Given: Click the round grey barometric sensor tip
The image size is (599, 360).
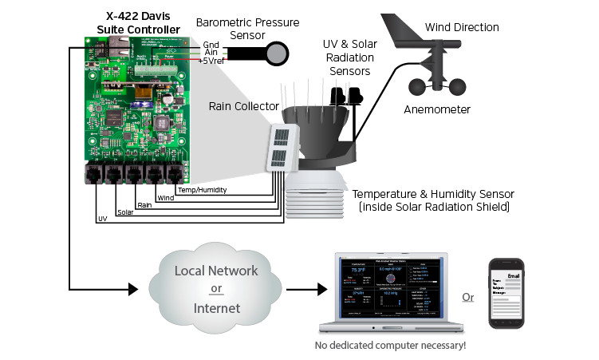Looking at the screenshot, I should (x=276, y=53).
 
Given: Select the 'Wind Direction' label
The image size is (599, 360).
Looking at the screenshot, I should (x=462, y=28).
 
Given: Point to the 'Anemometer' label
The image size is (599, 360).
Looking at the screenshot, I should (x=437, y=109).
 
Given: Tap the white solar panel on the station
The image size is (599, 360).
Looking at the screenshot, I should (x=282, y=148).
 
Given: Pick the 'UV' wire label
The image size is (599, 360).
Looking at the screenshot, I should (x=102, y=218).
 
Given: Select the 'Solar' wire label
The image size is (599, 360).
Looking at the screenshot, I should (x=125, y=212).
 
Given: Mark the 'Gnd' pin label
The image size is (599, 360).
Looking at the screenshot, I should (x=211, y=45).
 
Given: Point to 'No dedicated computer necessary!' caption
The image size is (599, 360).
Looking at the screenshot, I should (x=391, y=346).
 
